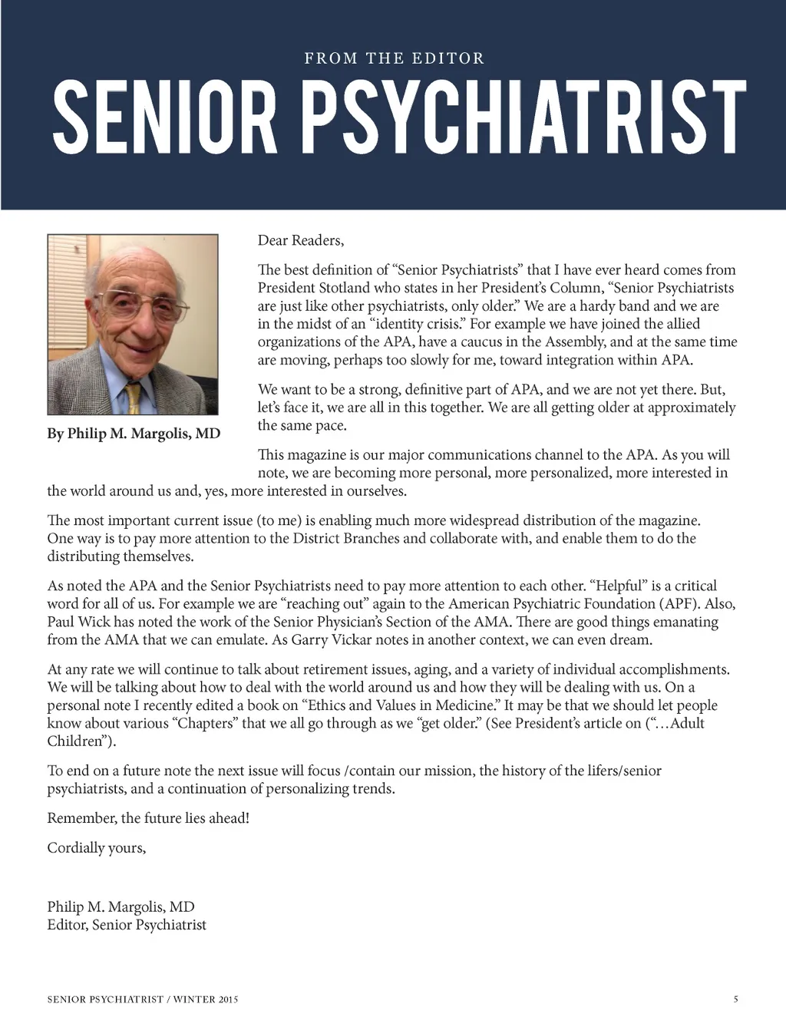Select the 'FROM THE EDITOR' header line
point(394,58)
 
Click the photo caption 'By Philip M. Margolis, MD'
point(134,434)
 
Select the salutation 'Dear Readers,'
point(301,240)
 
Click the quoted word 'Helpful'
point(619,586)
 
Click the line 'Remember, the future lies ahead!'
point(148,818)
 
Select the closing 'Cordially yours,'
point(97,847)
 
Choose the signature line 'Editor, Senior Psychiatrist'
point(127,925)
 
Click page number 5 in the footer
point(736,999)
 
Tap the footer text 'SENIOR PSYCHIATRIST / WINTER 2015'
point(143,999)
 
